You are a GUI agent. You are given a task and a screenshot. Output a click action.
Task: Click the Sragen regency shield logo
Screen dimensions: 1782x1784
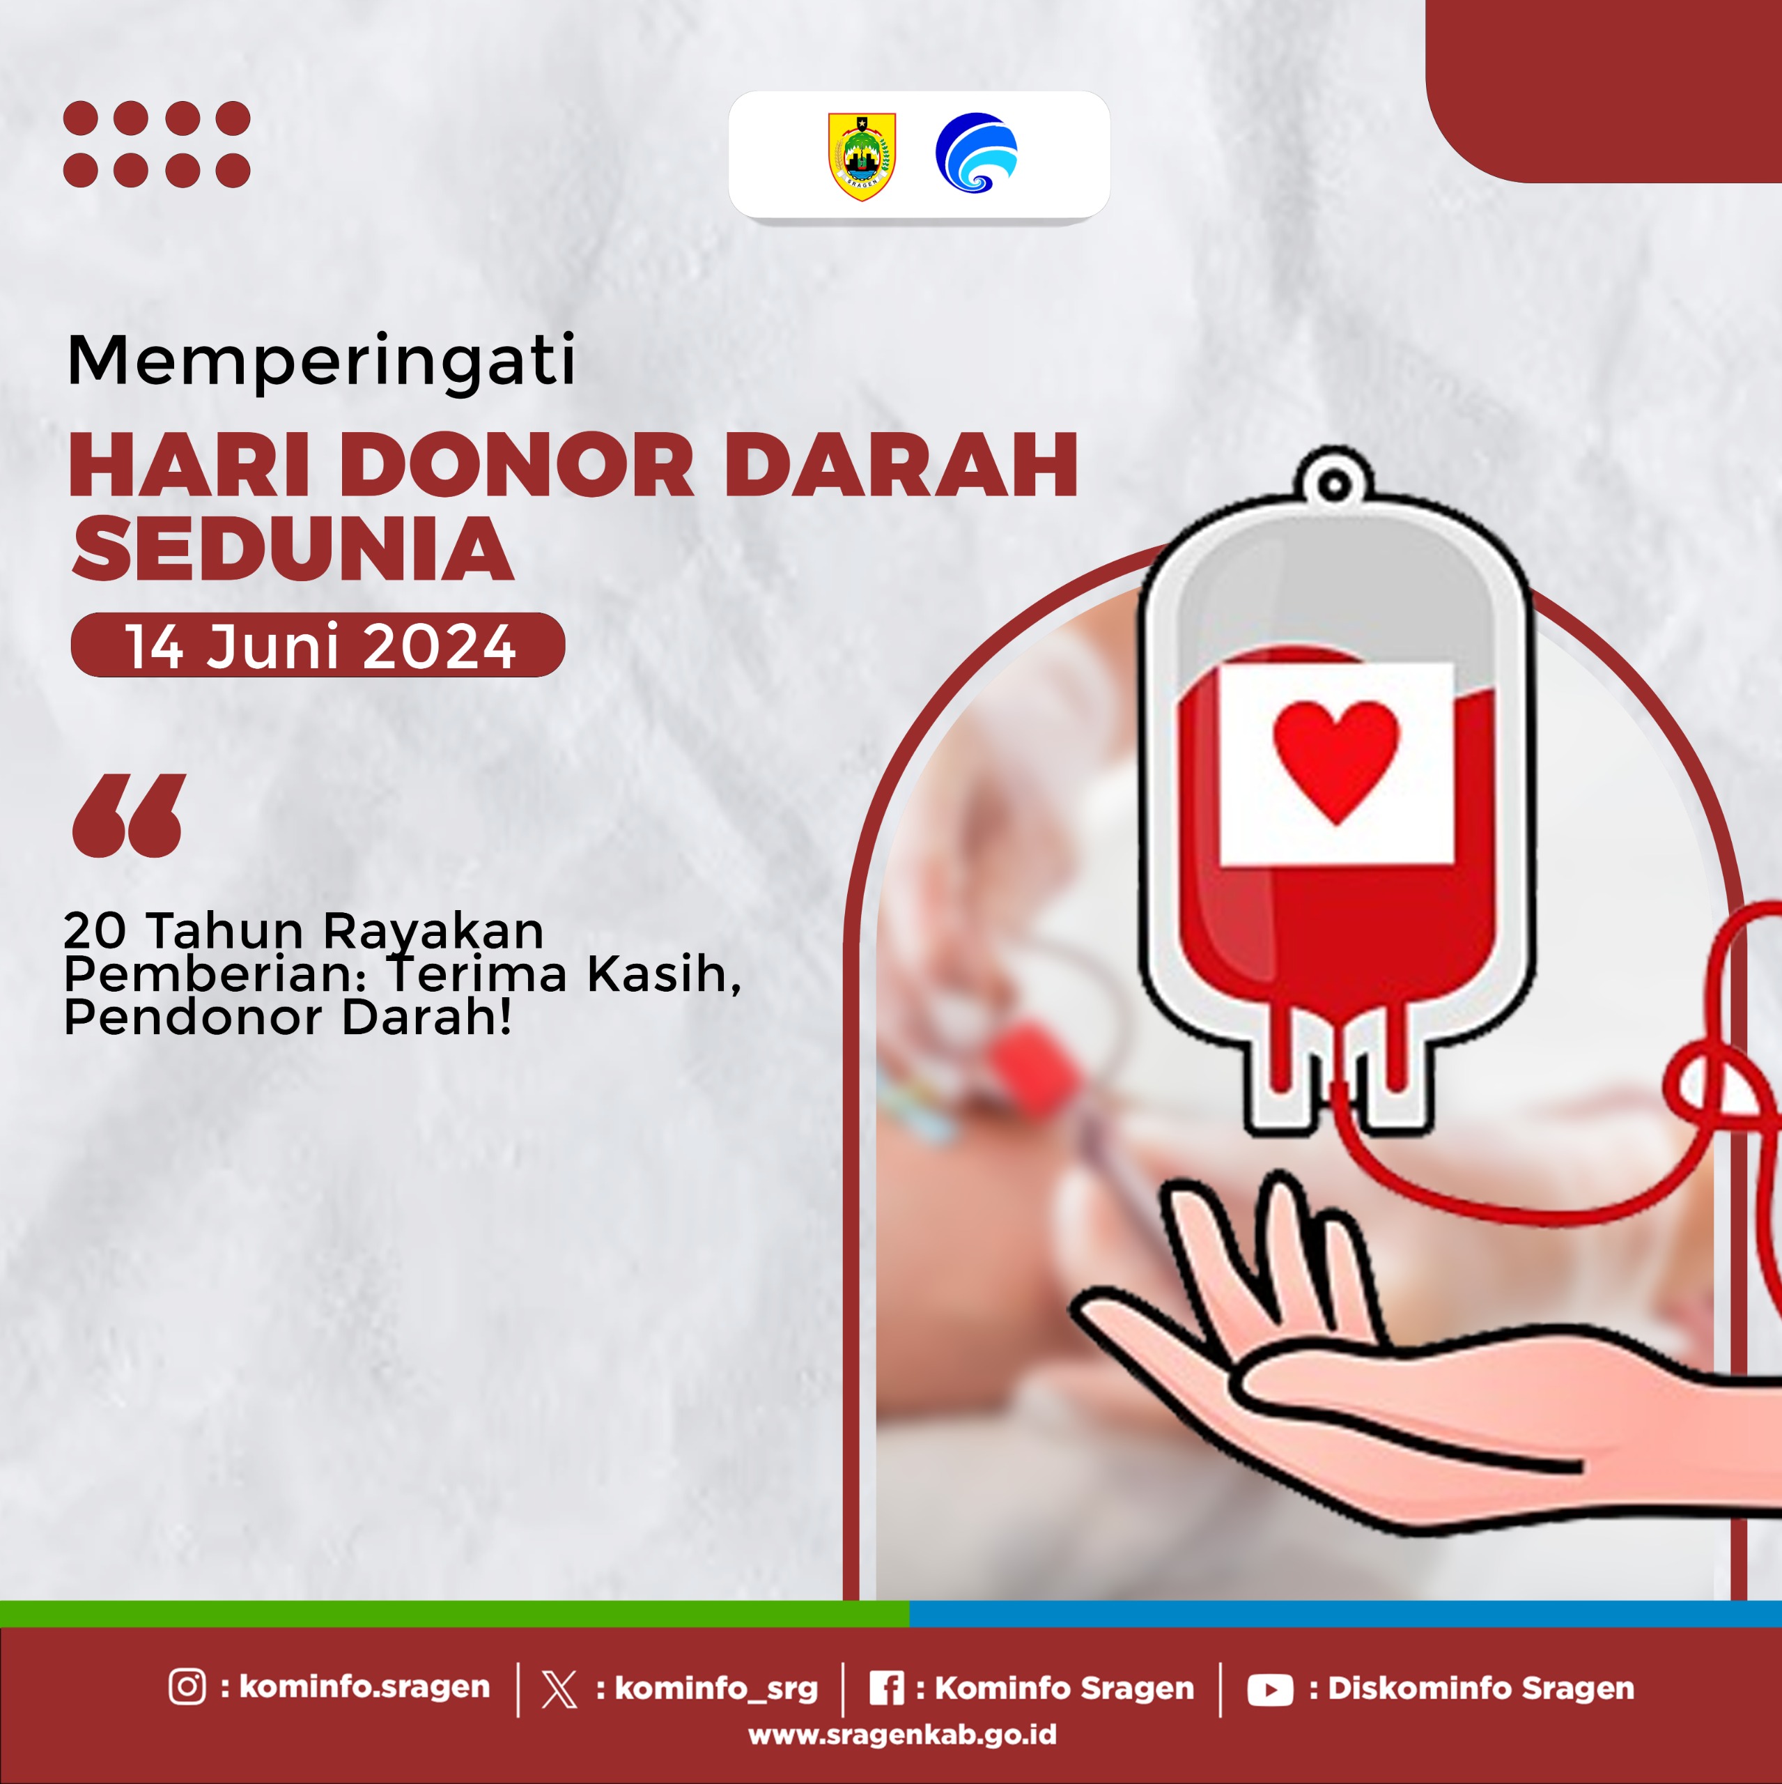click(862, 156)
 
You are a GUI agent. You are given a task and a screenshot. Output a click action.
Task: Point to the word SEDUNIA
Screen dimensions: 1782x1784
click(293, 549)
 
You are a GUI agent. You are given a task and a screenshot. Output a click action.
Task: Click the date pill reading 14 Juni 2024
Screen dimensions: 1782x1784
click(318, 645)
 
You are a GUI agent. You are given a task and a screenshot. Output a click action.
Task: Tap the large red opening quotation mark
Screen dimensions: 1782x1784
click(130, 815)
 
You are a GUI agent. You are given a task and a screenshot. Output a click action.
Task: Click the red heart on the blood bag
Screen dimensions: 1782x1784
click(1335, 761)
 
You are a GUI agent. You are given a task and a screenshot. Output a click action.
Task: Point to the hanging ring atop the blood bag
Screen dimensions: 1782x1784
click(1333, 483)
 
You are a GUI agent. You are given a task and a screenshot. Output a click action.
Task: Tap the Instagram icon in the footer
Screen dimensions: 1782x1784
click(187, 1686)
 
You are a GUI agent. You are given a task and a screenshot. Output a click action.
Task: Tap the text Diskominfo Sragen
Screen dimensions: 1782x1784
click(1481, 1688)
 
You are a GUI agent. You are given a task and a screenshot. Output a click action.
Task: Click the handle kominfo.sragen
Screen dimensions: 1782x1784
click(365, 1687)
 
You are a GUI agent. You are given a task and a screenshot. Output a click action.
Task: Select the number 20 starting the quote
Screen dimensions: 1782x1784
click(95, 931)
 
